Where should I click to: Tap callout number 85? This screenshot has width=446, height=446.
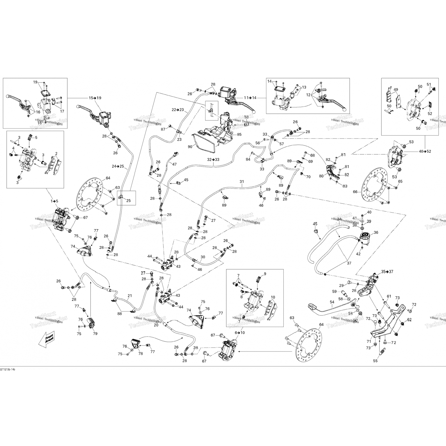click(x=239, y=134)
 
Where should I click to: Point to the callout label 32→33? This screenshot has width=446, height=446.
click(x=213, y=159)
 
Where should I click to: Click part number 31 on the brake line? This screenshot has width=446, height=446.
click(x=241, y=181)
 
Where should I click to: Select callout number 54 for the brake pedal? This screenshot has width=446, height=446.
click(x=332, y=302)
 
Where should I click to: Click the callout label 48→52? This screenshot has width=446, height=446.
click(x=425, y=151)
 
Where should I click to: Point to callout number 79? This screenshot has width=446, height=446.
click(x=95, y=334)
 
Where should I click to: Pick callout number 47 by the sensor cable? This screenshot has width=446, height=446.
click(x=174, y=164)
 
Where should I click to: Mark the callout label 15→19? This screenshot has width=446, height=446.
click(x=95, y=98)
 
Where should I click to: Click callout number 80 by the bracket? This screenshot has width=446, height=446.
click(x=321, y=176)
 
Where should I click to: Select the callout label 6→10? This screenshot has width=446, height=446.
click(x=239, y=332)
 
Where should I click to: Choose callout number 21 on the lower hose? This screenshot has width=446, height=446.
click(x=130, y=296)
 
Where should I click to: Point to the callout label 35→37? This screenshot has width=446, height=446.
click(x=387, y=271)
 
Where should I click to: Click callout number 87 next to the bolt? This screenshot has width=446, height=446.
click(x=163, y=129)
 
